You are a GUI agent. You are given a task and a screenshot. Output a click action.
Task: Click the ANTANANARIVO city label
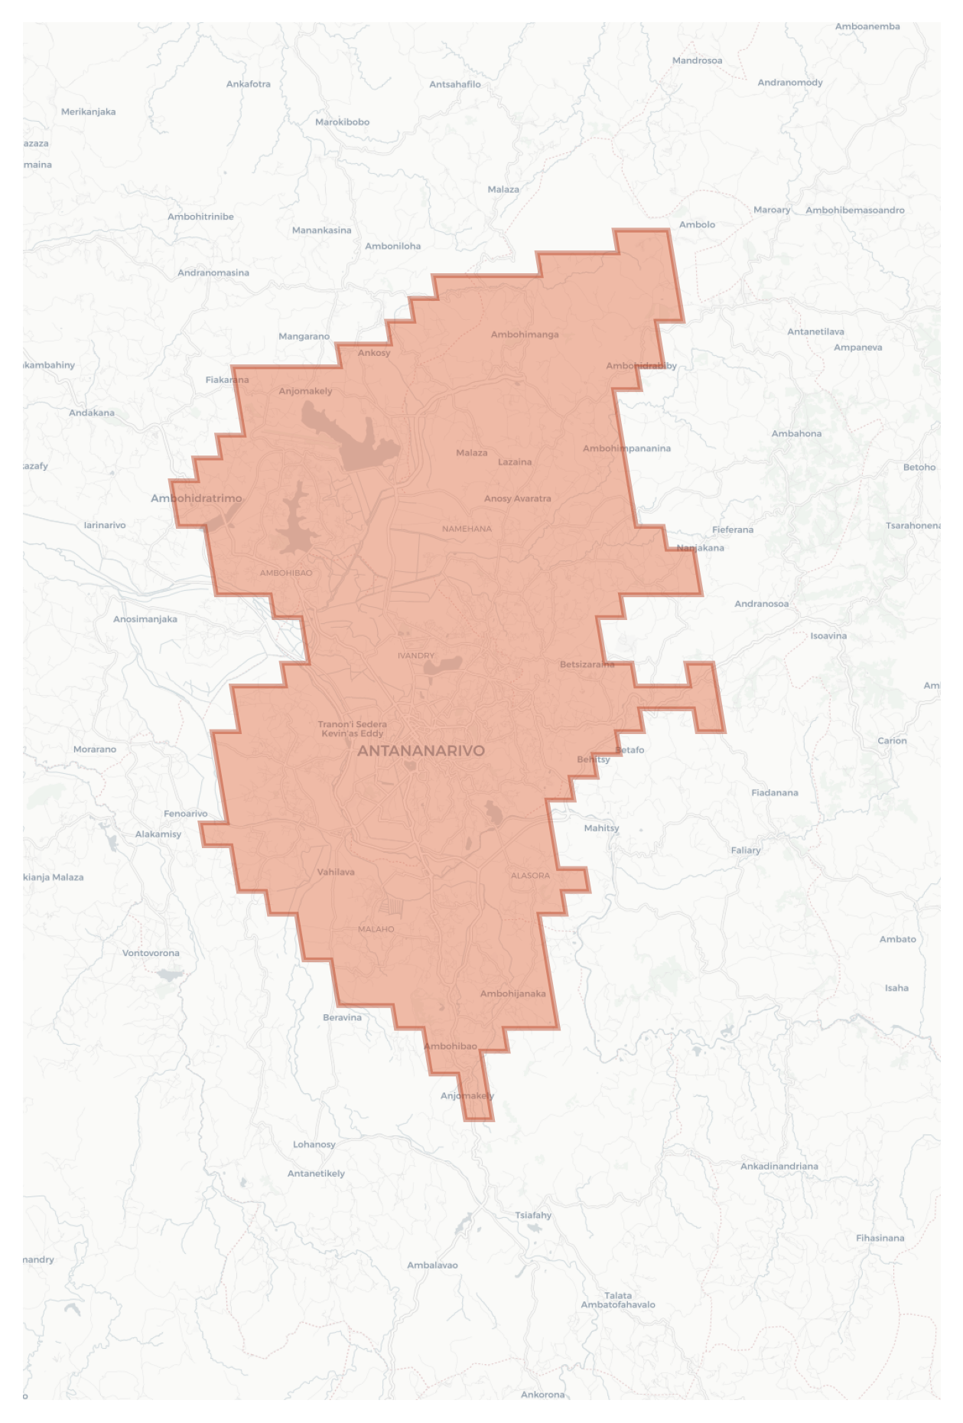(421, 751)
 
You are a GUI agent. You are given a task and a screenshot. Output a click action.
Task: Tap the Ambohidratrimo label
(196, 498)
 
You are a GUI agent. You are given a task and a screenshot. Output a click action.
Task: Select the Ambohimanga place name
(525, 335)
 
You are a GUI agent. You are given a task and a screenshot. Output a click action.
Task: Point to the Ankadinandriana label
(779, 1166)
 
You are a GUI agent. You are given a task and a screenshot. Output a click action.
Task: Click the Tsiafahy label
(533, 1215)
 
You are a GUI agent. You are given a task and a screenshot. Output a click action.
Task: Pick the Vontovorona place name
(151, 953)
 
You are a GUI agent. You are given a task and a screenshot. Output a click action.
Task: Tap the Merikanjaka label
(89, 112)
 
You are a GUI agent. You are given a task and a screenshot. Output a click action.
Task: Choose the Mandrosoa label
(697, 60)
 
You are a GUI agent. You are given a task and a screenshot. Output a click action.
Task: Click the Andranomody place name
(790, 83)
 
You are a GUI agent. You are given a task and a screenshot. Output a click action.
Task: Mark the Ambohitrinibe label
(200, 217)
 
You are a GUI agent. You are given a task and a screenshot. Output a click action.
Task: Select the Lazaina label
(515, 462)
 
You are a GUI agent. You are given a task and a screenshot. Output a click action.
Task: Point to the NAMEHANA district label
(467, 529)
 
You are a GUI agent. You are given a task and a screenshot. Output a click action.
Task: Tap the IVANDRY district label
(416, 655)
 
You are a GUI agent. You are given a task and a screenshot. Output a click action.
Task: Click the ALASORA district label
(530, 875)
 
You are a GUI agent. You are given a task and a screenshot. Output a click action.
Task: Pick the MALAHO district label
(376, 929)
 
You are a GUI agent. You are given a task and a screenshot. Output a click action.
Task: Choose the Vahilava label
(336, 872)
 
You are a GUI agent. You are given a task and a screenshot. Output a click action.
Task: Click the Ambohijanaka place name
(512, 994)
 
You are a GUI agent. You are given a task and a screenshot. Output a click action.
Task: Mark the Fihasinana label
(880, 1238)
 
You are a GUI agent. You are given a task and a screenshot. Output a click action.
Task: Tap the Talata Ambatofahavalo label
(618, 1300)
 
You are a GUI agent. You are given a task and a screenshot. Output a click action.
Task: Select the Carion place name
(892, 740)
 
